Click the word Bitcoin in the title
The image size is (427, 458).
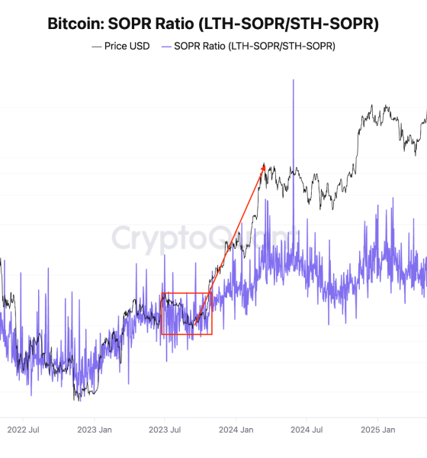pyautogui.click(x=75, y=24)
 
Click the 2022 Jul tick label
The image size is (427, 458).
pyautogui.click(x=23, y=430)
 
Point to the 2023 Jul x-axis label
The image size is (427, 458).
pyautogui.click(x=164, y=430)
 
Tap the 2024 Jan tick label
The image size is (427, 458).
pyautogui.click(x=235, y=430)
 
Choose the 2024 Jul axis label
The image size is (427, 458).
pyautogui.click(x=306, y=430)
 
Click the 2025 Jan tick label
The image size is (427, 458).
pyautogui.click(x=377, y=430)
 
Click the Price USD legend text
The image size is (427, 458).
pyautogui.click(x=127, y=47)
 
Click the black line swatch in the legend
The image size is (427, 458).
pyautogui.click(x=96, y=47)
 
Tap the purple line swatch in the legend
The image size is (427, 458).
pyautogui.click(x=166, y=47)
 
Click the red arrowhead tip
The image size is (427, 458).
pyautogui.click(x=264, y=164)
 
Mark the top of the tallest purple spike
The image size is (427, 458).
pyautogui.click(x=293, y=79)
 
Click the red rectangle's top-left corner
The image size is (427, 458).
pyautogui.click(x=162, y=293)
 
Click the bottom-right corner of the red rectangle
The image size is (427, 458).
pyautogui.click(x=212, y=334)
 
